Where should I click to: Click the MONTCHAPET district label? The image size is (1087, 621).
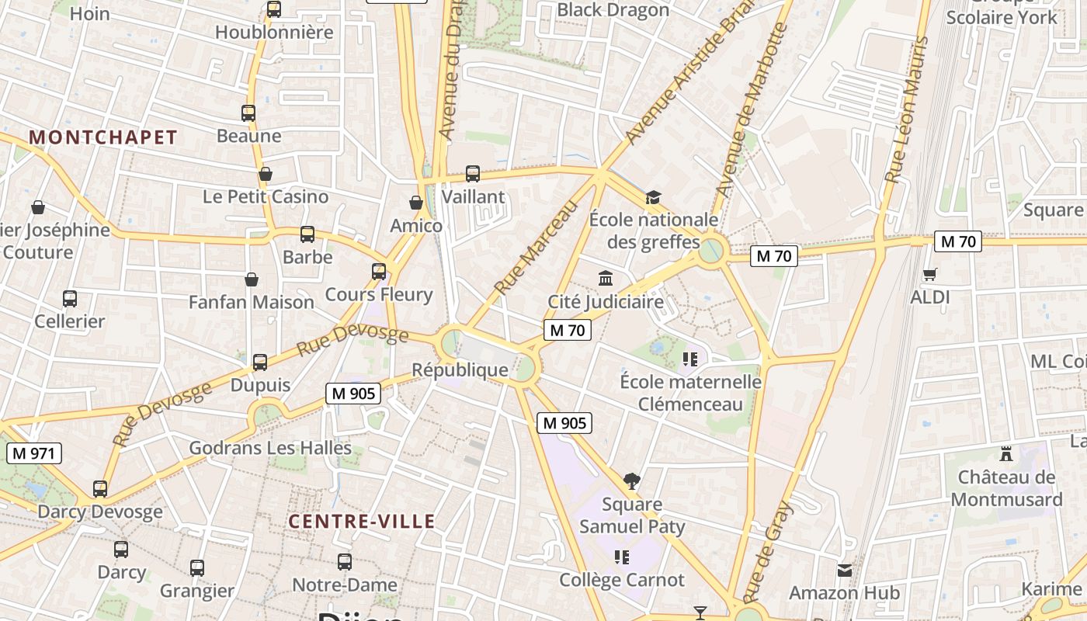click(x=103, y=137)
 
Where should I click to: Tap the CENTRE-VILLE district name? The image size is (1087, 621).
click(x=362, y=521)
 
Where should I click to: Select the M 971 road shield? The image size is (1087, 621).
click(x=34, y=453)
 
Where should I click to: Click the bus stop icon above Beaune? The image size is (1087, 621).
click(x=248, y=113)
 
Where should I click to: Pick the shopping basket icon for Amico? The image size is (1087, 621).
click(x=416, y=203)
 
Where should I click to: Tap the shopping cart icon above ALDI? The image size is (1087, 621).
click(x=929, y=274)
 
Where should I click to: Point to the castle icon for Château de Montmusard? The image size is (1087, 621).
click(x=1006, y=453)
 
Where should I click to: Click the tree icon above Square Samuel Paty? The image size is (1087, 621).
click(x=632, y=481)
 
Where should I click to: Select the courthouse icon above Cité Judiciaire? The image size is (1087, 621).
click(x=606, y=278)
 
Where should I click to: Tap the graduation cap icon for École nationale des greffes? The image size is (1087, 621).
click(x=653, y=197)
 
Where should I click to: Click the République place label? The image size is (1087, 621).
click(x=460, y=370)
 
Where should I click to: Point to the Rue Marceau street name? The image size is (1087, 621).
click(x=537, y=248)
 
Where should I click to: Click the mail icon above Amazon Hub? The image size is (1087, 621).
click(x=845, y=571)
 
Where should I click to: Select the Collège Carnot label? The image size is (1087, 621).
click(x=623, y=580)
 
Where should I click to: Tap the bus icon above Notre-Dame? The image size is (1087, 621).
click(x=345, y=562)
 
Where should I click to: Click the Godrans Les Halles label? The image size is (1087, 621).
click(x=270, y=448)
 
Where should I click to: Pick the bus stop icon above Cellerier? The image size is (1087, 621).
click(x=70, y=299)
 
